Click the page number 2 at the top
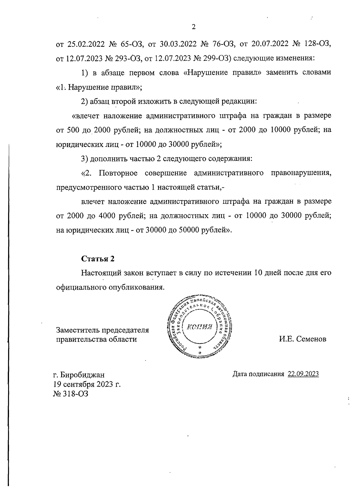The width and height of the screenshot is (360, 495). click(x=193, y=27)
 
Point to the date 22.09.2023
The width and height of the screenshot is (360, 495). click(x=303, y=374)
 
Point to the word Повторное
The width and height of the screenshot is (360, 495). click(x=118, y=173)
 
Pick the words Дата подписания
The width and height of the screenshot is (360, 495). click(x=258, y=374)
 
